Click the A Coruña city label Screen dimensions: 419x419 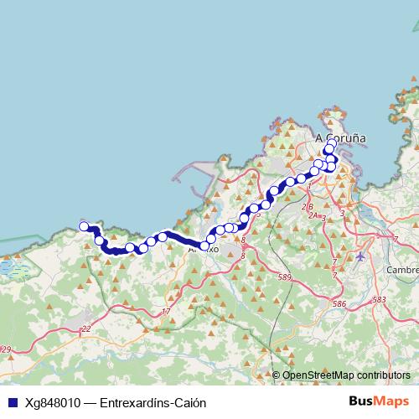(340, 137)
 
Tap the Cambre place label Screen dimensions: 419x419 (401, 270)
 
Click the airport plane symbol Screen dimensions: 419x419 (361, 256)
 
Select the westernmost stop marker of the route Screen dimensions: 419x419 (84, 226)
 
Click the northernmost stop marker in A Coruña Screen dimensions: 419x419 (332, 142)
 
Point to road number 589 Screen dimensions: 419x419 (285, 277)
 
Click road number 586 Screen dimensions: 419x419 (339, 304)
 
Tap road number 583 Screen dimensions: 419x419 (380, 299)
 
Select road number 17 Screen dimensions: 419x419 (166, 312)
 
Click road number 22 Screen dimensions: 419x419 (85, 329)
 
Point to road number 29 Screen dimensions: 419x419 (6, 349)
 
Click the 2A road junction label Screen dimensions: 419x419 (314, 215)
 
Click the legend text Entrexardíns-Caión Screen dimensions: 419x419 (153, 402)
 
